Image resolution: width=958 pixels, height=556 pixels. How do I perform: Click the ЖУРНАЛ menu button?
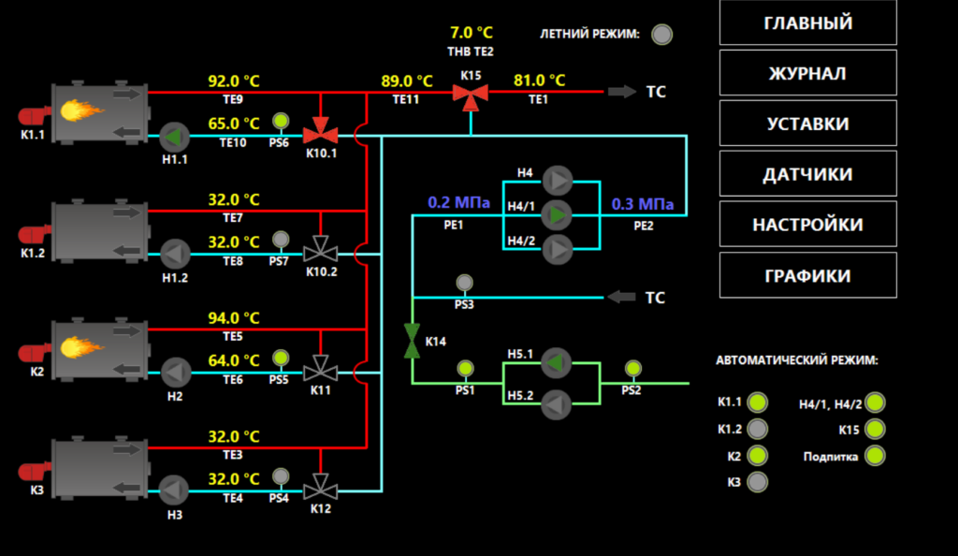pos(807,73)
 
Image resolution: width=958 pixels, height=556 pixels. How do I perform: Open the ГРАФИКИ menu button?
pos(807,275)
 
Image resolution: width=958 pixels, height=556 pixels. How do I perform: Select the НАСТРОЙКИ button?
pos(807,225)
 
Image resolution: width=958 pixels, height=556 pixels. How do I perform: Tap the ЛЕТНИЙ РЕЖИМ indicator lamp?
pos(661,35)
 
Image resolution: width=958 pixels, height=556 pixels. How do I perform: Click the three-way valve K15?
pos(471,95)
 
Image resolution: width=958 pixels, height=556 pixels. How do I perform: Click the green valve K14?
pos(412,341)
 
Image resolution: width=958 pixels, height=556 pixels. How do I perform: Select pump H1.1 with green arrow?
pos(175,137)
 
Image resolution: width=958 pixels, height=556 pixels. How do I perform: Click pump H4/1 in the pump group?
pos(558,215)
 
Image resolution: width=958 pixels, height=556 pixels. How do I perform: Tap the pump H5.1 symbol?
pos(556,363)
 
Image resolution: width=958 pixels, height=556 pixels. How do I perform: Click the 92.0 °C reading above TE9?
pos(233,81)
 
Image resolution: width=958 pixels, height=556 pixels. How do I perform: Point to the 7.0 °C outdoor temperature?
pos(472,33)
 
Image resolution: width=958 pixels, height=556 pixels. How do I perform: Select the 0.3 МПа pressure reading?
pos(643,204)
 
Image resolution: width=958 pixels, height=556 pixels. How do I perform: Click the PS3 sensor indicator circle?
pos(464,283)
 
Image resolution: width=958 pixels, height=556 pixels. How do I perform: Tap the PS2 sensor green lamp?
pos(633,369)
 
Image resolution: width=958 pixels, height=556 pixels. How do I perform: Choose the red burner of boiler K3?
pos(35,471)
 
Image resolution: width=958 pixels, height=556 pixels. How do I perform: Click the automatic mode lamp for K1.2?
pos(758,429)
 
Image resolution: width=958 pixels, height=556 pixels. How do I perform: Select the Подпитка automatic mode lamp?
pos(875,456)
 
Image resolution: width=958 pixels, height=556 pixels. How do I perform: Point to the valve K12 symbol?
pos(320,488)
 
